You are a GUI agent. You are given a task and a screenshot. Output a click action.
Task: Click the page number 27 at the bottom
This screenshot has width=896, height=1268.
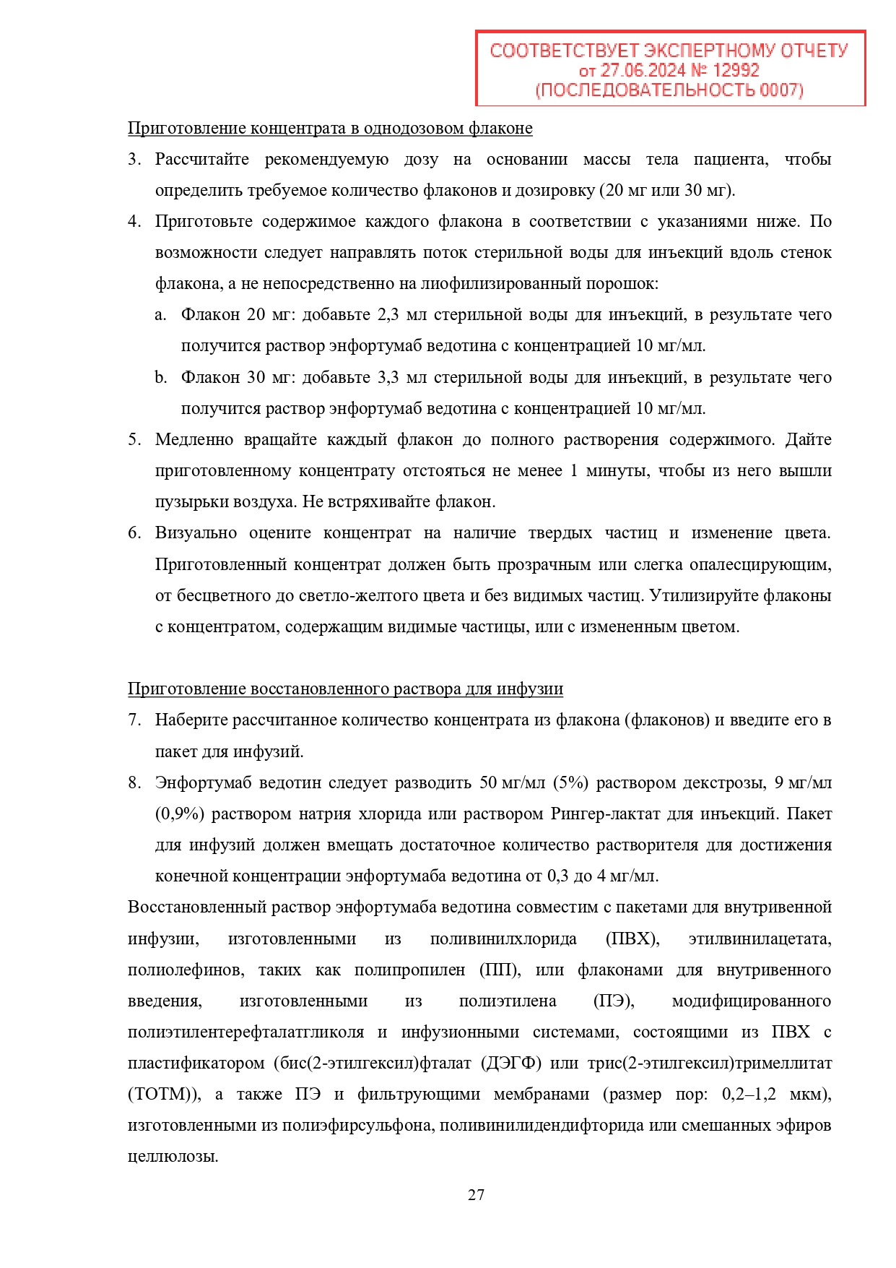click(476, 1195)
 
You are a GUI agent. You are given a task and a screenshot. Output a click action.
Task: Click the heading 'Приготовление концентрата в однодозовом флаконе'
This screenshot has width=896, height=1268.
click(330, 129)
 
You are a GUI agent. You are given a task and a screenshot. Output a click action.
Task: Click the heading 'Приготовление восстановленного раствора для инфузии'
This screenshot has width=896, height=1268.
click(345, 689)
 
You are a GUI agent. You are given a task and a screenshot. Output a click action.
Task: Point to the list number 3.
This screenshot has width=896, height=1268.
click(134, 160)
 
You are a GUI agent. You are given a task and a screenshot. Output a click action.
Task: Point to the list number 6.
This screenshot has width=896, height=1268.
click(134, 533)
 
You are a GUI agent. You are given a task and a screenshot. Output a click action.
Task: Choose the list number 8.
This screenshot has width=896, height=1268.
click(134, 783)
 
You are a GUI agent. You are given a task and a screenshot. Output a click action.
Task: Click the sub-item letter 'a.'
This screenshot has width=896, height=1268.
click(160, 315)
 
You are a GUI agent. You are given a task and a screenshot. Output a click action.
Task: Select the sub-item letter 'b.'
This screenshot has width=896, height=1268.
click(160, 378)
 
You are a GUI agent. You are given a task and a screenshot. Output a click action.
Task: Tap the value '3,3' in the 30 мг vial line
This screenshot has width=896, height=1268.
click(388, 378)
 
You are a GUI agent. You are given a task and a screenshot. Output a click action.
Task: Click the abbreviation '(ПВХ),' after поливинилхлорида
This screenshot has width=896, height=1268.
click(632, 939)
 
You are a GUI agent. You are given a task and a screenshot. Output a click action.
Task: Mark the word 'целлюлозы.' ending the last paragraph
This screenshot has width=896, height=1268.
click(173, 1157)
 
